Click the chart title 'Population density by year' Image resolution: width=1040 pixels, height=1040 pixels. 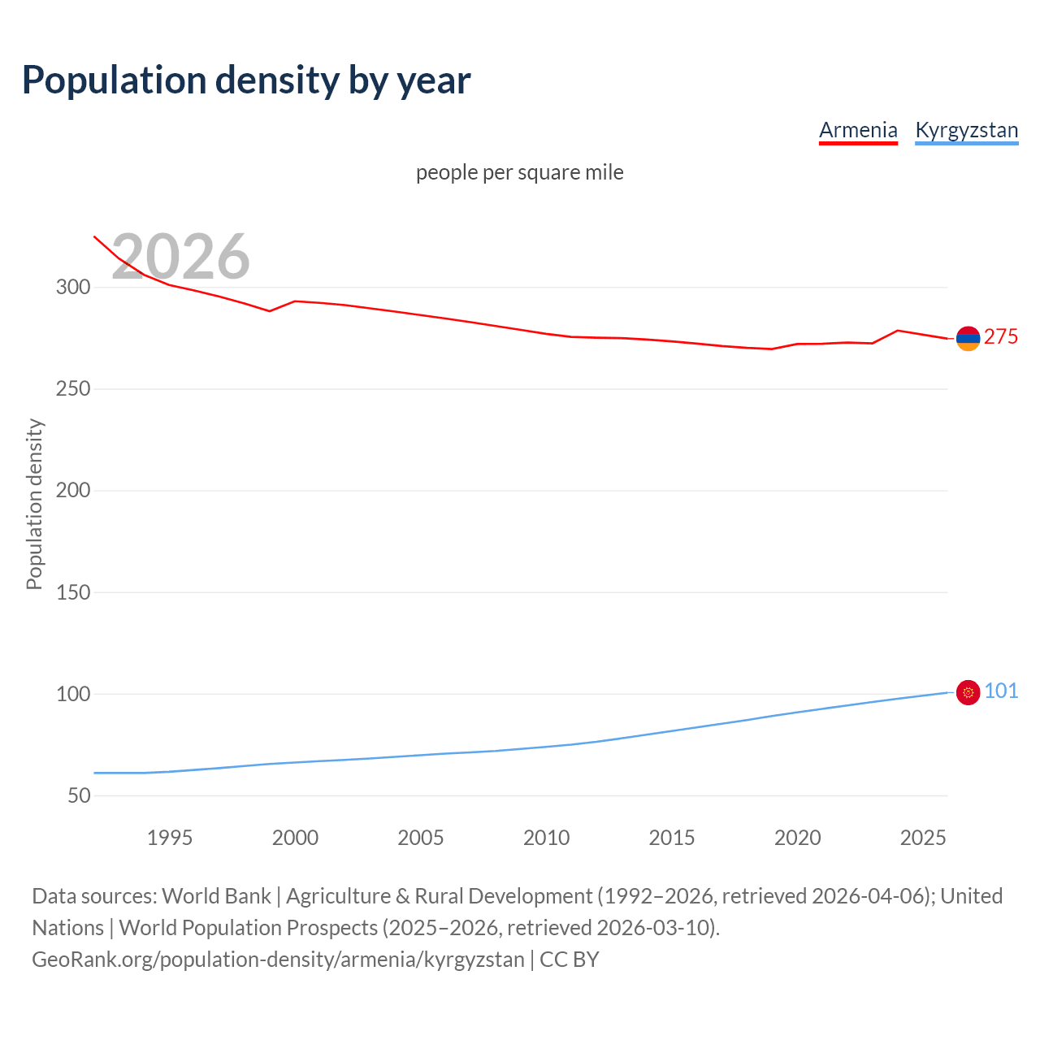point(246,80)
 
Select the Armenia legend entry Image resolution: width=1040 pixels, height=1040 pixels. point(858,130)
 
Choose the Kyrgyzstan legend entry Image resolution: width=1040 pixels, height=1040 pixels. point(966,130)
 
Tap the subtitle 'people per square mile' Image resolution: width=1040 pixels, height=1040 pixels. point(519,172)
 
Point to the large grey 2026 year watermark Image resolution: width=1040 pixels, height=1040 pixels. point(180,257)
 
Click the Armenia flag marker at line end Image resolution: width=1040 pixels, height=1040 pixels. point(968,338)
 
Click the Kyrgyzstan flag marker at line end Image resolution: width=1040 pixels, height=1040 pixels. point(968,692)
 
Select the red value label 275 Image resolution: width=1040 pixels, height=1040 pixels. point(1001,337)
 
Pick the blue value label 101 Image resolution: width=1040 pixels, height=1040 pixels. point(1001,691)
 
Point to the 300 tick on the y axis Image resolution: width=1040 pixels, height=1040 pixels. point(73,288)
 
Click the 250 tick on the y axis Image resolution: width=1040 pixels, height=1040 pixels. point(73,389)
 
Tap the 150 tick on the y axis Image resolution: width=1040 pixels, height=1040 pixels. point(73,592)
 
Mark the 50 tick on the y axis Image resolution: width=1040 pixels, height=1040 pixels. point(79,795)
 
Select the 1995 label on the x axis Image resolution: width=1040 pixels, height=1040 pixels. point(170,838)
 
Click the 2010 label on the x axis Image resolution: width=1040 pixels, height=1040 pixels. point(546,838)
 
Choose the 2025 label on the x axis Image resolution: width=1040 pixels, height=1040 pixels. point(923,838)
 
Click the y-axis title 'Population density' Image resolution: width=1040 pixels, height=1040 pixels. point(34,504)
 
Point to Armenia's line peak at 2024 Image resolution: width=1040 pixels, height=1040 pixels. point(897,331)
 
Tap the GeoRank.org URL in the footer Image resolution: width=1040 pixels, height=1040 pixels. point(278,960)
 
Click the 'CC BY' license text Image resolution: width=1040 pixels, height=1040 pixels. point(570,960)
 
